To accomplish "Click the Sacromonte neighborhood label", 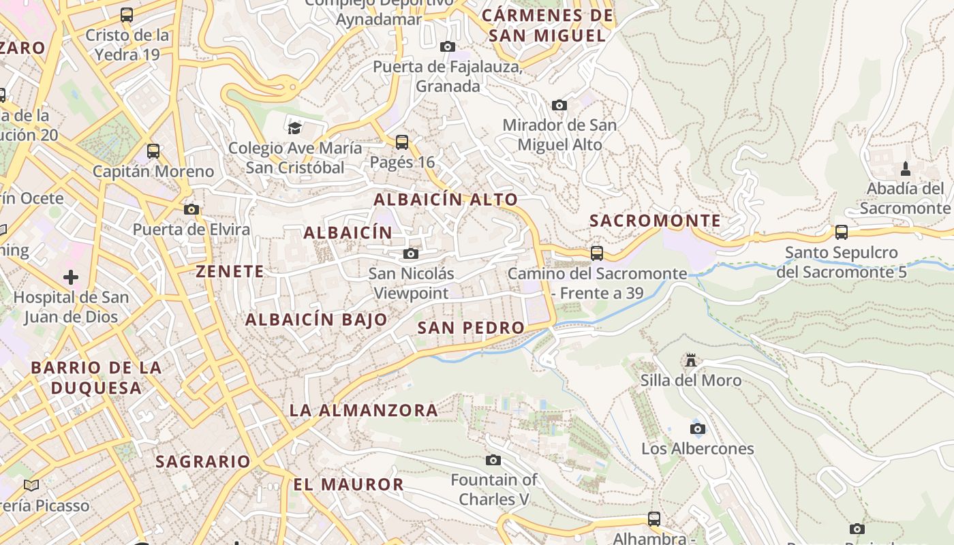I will (x=655, y=221).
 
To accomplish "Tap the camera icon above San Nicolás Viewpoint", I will (x=410, y=254).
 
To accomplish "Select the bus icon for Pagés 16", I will (x=402, y=142).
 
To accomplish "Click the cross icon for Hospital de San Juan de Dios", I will (x=71, y=277).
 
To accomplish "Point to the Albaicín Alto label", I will (x=446, y=200).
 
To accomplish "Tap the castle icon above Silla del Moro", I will (x=691, y=360).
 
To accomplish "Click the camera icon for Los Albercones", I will (x=697, y=429).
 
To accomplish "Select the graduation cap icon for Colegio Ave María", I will (x=294, y=128).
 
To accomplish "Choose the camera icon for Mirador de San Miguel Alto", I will (x=559, y=105).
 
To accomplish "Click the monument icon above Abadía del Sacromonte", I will (x=906, y=168).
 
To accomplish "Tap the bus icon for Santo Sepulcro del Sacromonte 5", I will (x=842, y=232).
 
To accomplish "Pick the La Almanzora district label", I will (x=364, y=410).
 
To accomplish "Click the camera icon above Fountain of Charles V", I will (x=493, y=461).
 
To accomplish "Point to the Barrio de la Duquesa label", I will (x=96, y=377).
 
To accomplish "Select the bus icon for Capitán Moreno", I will (x=153, y=151).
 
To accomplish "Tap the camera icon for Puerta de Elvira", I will (x=191, y=209).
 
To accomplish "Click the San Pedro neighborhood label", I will (x=471, y=328).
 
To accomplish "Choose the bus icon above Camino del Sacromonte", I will (x=597, y=253).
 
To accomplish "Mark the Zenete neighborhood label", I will (x=230, y=271).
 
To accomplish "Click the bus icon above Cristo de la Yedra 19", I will (x=127, y=15).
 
